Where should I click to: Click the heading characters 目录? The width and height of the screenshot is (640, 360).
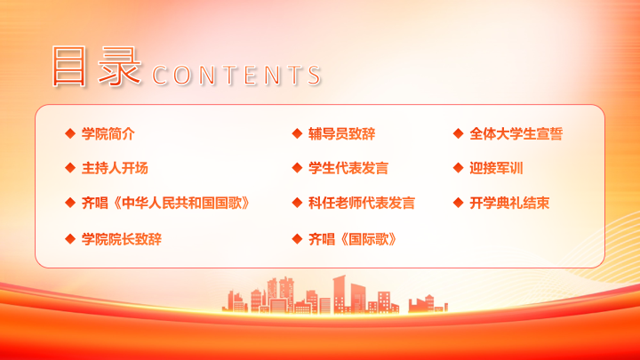point(97,66)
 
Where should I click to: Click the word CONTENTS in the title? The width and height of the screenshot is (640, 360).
point(236,75)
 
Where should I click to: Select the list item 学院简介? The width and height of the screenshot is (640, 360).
point(108,133)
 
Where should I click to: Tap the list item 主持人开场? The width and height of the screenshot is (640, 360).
point(115,168)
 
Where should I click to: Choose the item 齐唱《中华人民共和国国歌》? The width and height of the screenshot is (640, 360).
point(165,203)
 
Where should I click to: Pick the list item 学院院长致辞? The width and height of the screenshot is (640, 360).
point(122,239)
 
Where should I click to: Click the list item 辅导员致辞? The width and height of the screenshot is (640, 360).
point(341,133)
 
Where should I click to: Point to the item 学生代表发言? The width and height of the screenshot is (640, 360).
point(348,168)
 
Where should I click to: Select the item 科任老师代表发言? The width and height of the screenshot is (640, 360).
point(362,203)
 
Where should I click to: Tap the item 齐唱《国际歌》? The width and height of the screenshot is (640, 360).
point(352,239)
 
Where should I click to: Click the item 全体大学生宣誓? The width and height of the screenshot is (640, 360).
point(516,133)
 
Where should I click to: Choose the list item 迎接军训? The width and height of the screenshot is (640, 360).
point(496,168)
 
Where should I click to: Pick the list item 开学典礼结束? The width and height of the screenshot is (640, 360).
point(509,203)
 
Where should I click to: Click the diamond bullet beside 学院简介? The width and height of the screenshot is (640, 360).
point(70,133)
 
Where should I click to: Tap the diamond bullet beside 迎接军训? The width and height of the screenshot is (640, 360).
point(459,168)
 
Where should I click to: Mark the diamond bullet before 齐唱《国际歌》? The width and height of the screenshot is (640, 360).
point(297,239)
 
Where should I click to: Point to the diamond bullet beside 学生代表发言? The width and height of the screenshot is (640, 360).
point(297,168)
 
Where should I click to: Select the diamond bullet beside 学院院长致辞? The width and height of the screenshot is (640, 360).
point(70,239)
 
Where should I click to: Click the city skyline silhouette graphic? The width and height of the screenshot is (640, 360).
point(335,295)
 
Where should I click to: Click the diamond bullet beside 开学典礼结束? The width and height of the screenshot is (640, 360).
point(459,203)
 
